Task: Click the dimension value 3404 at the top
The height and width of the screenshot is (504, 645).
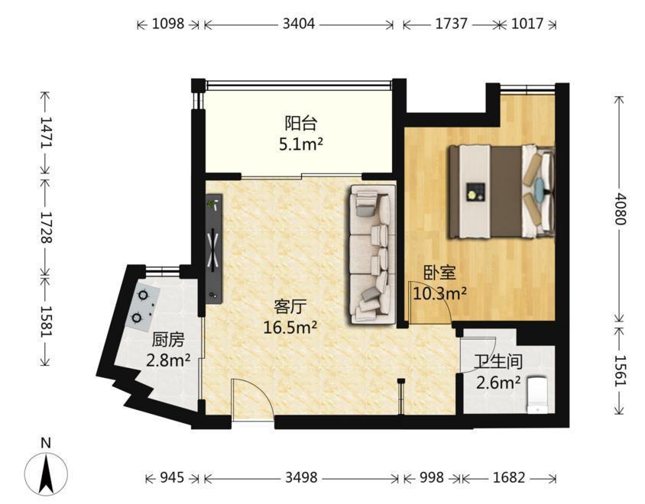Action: point(298,24)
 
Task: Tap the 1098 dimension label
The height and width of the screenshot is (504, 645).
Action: point(168,24)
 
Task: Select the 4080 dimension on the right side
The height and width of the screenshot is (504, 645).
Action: point(620,208)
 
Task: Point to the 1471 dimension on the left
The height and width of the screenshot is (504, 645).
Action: point(46,132)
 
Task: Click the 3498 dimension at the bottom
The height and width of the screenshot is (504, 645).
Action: point(301,477)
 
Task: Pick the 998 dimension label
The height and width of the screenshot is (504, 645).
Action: point(432,477)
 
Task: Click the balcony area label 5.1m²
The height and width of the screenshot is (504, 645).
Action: point(300,144)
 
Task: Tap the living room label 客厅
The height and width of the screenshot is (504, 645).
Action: point(290,306)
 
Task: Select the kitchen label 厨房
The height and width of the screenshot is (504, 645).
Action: point(168,340)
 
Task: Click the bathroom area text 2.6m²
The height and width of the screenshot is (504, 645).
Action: point(498,383)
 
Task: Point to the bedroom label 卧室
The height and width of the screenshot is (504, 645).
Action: point(439,273)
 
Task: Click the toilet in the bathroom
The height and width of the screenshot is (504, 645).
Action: point(538,395)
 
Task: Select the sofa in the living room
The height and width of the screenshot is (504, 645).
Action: point(372,254)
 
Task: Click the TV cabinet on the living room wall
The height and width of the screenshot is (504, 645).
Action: point(214,249)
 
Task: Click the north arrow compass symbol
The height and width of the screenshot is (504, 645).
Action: point(46,473)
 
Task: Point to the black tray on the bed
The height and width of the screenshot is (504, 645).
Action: point(475,192)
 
